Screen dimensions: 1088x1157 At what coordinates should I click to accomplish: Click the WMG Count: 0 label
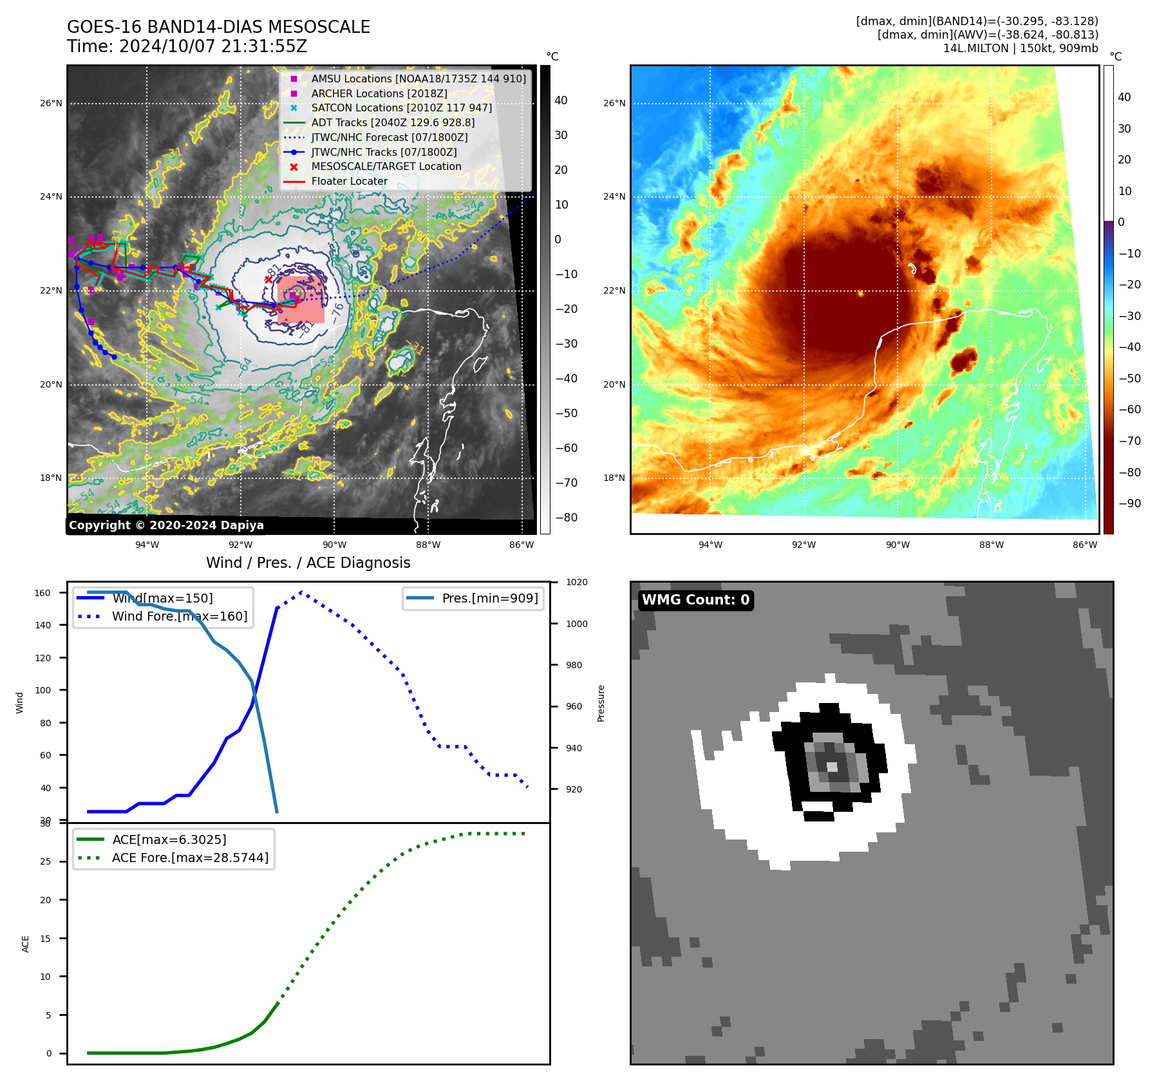(695, 600)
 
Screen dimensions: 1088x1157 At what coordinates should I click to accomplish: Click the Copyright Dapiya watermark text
(166, 525)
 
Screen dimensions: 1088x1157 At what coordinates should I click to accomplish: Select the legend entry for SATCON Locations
(401, 108)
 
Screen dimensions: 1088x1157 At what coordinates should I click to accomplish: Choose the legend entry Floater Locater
(349, 182)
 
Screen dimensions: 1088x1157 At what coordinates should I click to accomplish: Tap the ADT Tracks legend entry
(393, 122)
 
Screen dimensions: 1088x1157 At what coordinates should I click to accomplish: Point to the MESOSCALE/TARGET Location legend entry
(386, 167)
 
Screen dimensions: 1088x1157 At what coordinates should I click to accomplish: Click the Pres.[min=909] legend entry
(490, 598)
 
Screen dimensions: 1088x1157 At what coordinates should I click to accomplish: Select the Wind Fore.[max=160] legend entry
(180, 616)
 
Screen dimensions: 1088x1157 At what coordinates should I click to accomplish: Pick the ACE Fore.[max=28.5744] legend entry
(190, 858)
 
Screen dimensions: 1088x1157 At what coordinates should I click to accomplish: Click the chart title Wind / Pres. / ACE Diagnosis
(308, 563)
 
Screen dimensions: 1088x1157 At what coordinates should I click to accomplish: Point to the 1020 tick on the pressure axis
(576, 582)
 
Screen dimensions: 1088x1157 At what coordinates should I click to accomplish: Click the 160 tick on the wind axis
(42, 593)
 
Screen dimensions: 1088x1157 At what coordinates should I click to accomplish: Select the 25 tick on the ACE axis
(46, 861)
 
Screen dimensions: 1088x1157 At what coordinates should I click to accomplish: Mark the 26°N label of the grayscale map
(51, 103)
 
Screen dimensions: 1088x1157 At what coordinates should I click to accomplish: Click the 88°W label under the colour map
(991, 545)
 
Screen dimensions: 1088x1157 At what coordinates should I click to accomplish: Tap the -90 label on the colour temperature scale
(1129, 503)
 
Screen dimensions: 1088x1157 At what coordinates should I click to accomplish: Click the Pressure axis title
(601, 703)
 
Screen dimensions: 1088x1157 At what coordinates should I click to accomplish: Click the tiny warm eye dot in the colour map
(860, 293)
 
